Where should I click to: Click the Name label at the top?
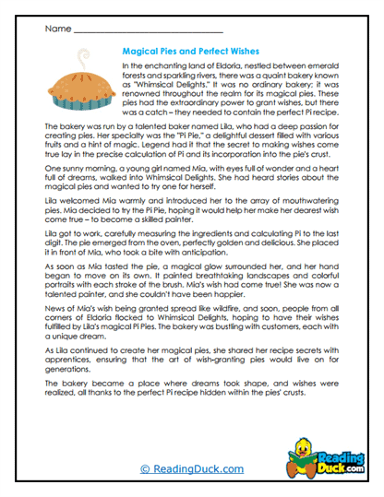click(56, 29)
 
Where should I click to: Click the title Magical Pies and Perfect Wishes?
click(190, 53)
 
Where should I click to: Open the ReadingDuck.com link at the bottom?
click(191, 468)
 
